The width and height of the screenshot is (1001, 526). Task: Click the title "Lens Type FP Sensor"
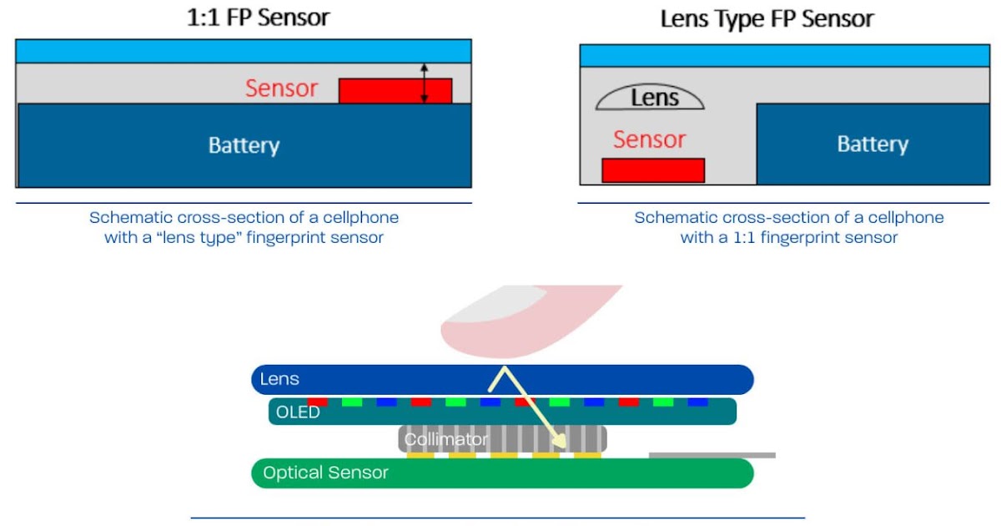tap(767, 18)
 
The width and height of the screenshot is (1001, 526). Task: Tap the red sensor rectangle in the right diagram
tap(653, 170)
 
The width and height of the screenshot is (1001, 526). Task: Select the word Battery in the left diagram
tap(244, 145)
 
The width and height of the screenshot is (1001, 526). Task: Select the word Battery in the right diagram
tap(872, 144)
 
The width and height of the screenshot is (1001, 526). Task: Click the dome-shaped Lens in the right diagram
tap(650, 99)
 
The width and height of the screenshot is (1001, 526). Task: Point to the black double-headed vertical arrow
tap(424, 83)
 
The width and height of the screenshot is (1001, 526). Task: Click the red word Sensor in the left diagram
tap(281, 89)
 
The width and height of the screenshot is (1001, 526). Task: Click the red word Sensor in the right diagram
tap(649, 139)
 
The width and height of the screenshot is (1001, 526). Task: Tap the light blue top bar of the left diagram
tap(243, 51)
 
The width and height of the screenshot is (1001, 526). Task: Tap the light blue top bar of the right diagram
tap(784, 56)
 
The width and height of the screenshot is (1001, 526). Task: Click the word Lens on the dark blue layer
tap(279, 379)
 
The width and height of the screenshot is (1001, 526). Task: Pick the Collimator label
tap(445, 439)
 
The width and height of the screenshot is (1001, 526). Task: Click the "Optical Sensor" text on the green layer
tap(325, 473)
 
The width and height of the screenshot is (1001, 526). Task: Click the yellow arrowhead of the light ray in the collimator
tap(556, 440)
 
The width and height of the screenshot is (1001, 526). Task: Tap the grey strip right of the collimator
tap(712, 455)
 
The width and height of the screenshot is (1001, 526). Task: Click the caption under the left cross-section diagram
tap(244, 227)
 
